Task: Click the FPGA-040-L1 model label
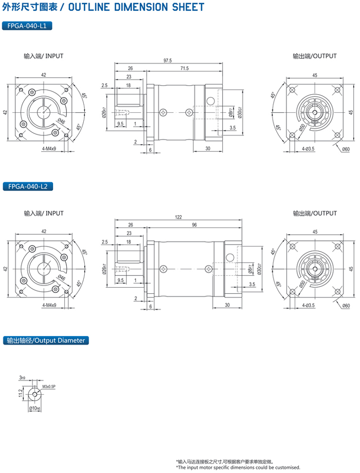click(27, 26)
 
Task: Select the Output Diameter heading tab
click(45, 340)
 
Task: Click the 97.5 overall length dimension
click(168, 61)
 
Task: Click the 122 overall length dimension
click(178, 217)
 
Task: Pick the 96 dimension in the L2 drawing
click(194, 225)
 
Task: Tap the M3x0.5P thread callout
click(49, 386)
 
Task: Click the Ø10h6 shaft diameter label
click(35, 408)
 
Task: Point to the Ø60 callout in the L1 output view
click(346, 149)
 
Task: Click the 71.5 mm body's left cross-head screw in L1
click(164, 112)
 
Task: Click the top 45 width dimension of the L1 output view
click(314, 75)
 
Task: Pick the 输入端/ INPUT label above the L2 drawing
click(43, 213)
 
